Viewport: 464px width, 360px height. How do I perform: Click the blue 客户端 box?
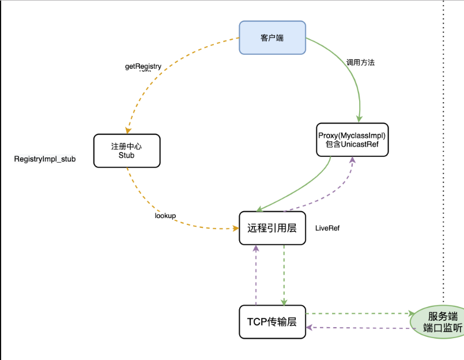[x=272, y=37]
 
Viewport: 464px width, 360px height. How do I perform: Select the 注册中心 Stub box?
[x=127, y=151]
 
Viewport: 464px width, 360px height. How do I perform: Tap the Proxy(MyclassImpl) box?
[x=352, y=140]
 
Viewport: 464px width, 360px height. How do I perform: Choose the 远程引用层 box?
[x=272, y=228]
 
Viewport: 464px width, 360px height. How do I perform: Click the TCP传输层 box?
[x=272, y=322]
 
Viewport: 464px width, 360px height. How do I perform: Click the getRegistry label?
[x=143, y=66]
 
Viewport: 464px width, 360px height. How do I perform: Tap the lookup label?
[x=165, y=216]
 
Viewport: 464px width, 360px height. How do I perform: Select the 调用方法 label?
[x=360, y=62]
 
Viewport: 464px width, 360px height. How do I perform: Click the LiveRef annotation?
[x=327, y=228]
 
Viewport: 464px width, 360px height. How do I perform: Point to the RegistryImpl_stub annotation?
[x=45, y=159]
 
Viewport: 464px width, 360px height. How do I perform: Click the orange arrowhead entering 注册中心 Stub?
[x=128, y=130]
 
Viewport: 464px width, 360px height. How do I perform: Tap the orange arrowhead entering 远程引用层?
[x=236, y=228]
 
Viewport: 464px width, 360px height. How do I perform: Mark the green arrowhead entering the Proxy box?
[x=359, y=119]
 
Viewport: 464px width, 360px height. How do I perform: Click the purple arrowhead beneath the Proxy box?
[x=352, y=160]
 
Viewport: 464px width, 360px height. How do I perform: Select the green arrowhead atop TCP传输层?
[x=284, y=302]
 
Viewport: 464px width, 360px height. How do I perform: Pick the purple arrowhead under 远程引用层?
[x=256, y=249]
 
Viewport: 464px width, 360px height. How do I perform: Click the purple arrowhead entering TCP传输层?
[x=310, y=328]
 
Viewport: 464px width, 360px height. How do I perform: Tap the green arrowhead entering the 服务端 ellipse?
[x=412, y=313]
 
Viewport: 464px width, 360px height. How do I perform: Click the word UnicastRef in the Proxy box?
[x=360, y=144]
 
